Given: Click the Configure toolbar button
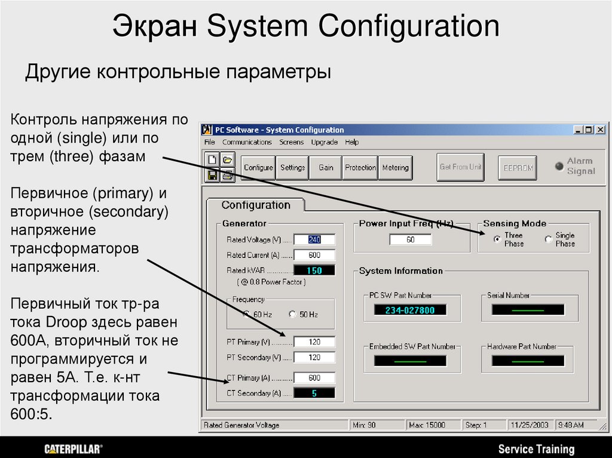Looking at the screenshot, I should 258,168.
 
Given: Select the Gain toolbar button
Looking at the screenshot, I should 326,168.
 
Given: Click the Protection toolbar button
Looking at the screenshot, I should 360,168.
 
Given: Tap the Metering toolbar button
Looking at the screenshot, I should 395,168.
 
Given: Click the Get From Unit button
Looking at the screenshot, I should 460,167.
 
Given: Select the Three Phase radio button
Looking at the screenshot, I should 497,239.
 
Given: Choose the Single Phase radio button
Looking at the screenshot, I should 549,239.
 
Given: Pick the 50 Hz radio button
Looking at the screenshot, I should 292,314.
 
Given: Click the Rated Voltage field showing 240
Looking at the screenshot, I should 314,239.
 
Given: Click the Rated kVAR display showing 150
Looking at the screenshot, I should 314,271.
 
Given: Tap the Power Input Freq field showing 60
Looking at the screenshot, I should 410,239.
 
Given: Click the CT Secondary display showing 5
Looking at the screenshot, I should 314,394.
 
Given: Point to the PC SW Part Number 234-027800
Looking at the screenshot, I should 410,310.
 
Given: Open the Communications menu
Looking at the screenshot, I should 247,142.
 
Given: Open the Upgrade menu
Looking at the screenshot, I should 325,142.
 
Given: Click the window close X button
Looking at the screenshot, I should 601,130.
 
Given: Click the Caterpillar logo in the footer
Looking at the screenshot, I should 74,448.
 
